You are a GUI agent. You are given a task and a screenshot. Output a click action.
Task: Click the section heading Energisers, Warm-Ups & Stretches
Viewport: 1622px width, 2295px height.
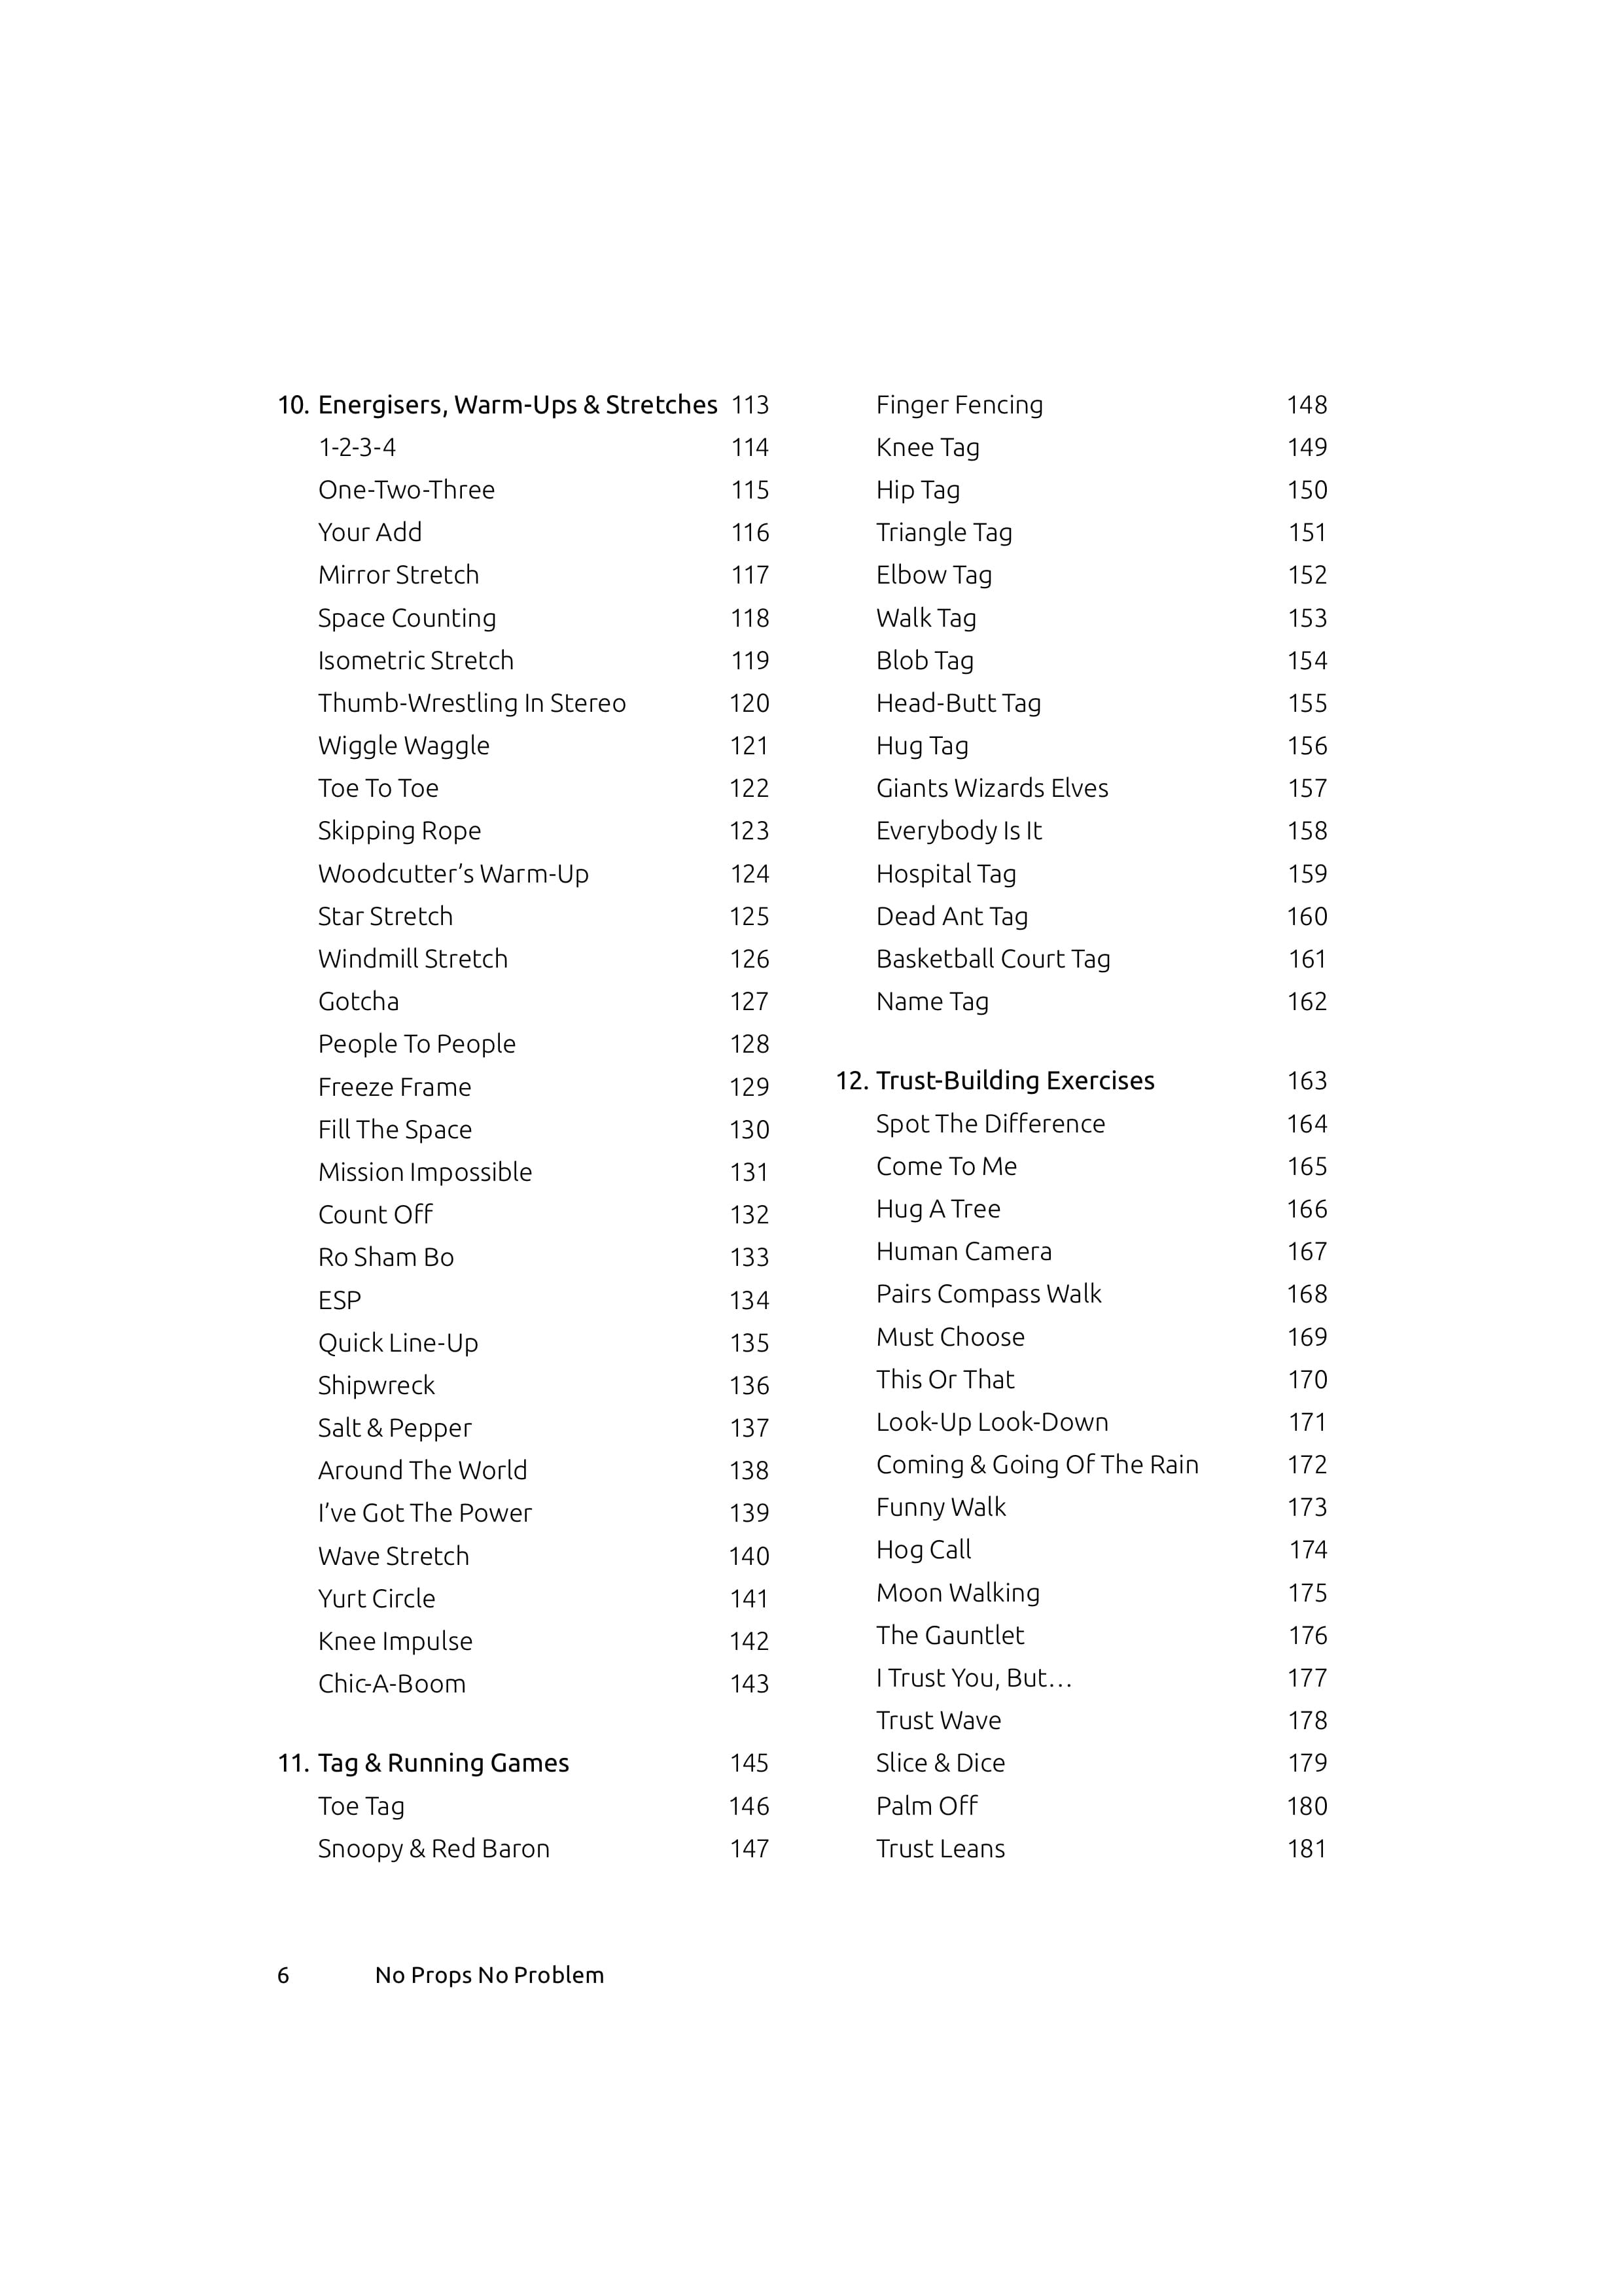[x=517, y=405]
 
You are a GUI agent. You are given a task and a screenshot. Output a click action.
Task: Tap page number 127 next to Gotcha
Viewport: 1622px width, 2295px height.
[x=750, y=1002]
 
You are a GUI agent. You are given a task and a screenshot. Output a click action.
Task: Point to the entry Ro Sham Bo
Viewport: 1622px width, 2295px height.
[x=386, y=1257]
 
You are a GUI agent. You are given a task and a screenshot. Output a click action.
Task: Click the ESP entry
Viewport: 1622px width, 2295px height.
[x=340, y=1301]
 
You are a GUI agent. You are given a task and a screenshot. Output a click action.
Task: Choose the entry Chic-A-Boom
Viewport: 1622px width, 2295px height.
[x=392, y=1683]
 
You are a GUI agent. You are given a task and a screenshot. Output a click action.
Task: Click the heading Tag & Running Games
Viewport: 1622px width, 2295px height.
[x=443, y=1763]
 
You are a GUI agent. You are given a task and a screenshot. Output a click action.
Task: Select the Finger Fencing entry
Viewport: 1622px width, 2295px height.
[x=959, y=405]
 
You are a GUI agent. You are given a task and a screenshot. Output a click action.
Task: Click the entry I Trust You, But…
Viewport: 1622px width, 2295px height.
[x=974, y=1678]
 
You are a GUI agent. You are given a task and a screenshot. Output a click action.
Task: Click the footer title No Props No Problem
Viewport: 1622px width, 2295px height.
[x=489, y=1975]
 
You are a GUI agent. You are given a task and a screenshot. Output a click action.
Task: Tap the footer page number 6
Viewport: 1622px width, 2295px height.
[x=283, y=1975]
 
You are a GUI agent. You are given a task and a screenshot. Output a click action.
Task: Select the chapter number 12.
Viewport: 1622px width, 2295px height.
[x=851, y=1081]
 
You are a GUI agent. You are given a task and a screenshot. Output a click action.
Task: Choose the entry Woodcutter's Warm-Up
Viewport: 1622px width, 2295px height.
[x=453, y=873]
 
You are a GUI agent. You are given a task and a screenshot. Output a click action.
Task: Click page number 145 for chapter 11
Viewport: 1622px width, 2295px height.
[x=750, y=1763]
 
